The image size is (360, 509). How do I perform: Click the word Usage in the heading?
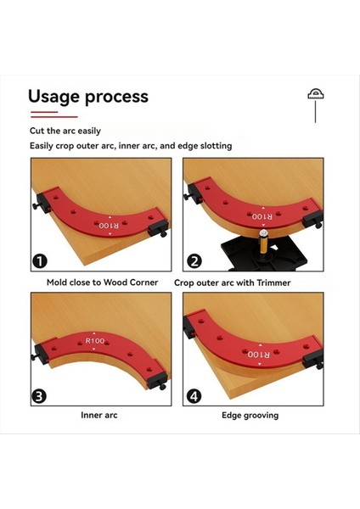54,97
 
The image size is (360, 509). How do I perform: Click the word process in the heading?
116,98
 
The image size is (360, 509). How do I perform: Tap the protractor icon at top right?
316,93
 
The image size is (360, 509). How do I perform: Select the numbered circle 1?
40,261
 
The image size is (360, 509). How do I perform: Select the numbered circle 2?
194,261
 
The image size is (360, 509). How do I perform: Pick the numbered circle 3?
39,396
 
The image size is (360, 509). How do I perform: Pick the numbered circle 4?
194,396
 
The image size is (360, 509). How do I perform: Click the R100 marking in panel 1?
109,226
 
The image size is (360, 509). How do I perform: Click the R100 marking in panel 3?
95,341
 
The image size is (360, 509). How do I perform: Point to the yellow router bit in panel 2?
263,243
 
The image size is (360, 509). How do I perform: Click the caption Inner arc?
99,415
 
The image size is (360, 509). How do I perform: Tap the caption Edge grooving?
250,416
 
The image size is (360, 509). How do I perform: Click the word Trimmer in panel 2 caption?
273,282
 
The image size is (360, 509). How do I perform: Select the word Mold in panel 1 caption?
57,282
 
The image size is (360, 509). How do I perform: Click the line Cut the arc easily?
65,131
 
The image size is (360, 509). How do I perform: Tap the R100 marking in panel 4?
259,355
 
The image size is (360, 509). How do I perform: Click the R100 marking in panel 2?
262,216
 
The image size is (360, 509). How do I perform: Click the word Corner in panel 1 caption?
144,282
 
